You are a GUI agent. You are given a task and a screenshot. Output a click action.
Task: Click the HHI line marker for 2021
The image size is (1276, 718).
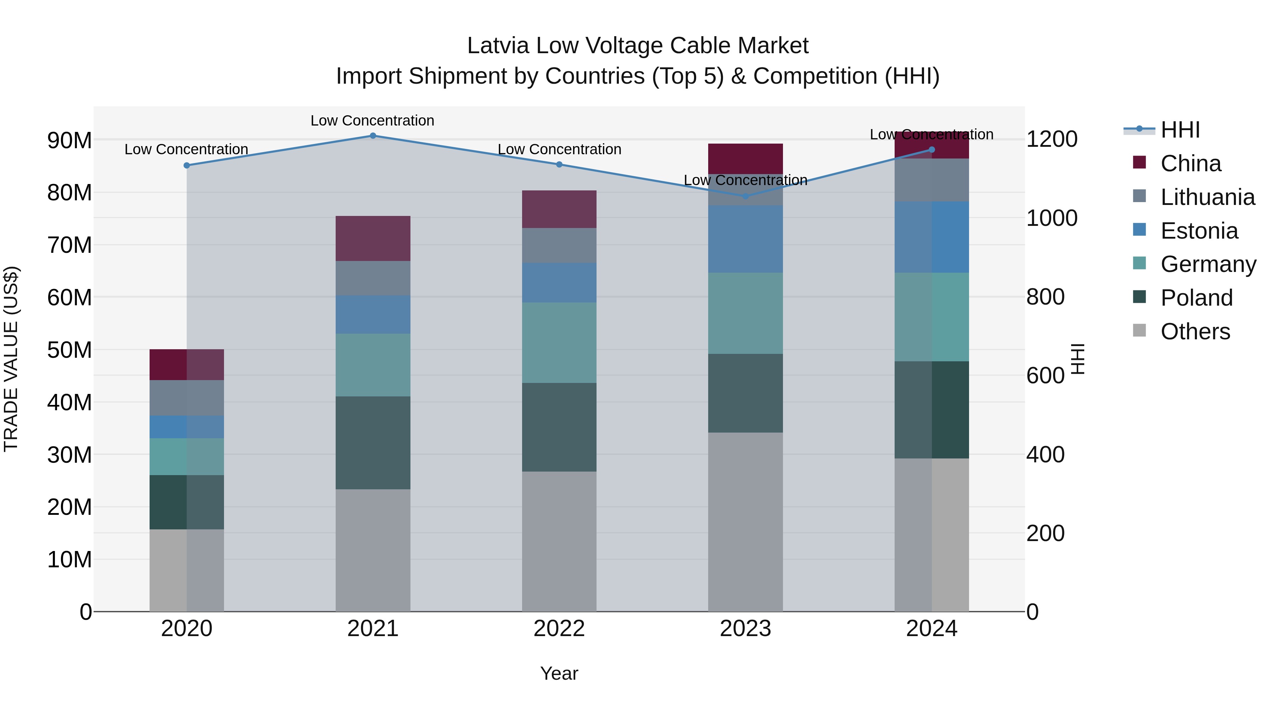[373, 135]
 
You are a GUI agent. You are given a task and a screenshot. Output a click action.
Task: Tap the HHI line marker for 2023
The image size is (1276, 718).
[745, 196]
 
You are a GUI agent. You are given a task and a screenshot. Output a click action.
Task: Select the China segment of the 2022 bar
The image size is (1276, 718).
[559, 209]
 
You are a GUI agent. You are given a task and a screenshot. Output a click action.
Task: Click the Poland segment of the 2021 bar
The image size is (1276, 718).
[373, 443]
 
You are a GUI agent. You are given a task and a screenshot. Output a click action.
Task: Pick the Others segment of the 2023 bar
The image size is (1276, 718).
[745, 522]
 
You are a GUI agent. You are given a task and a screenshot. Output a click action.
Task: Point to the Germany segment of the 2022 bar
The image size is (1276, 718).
[559, 343]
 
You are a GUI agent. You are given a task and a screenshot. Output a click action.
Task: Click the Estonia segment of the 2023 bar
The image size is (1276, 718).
[745, 239]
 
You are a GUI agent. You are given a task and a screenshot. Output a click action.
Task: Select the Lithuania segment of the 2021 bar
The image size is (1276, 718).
[373, 278]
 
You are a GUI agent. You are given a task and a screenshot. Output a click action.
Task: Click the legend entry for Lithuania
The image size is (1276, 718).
[1207, 197]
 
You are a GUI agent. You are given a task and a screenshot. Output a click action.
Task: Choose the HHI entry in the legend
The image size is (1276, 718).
[1180, 130]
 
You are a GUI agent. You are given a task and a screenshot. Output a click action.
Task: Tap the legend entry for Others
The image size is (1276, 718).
[1195, 332]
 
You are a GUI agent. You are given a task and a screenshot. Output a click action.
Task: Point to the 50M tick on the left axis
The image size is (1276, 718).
[69, 350]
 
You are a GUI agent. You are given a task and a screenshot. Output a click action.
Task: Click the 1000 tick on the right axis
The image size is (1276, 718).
[1051, 218]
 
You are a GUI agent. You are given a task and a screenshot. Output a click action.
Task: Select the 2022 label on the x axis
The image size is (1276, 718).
[559, 629]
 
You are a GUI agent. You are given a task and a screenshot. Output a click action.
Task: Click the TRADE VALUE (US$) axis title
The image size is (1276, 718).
[11, 359]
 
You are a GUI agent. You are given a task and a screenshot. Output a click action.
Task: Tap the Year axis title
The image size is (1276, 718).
[559, 673]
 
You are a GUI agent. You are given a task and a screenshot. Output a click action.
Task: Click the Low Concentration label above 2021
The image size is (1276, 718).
[373, 121]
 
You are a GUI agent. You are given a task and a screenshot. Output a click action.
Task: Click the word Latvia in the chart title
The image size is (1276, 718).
[498, 46]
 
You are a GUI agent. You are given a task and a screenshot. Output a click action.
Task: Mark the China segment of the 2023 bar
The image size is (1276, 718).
[745, 158]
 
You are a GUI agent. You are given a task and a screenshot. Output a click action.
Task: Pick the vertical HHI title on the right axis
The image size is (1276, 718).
[1078, 359]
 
